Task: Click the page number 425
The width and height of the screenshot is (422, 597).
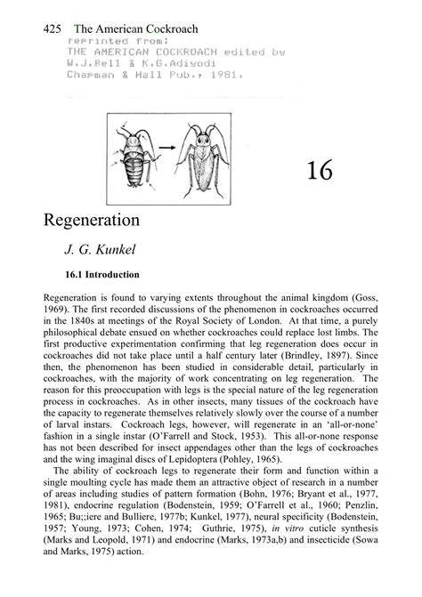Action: point(52,28)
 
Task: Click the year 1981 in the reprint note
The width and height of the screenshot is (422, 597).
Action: point(224,76)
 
